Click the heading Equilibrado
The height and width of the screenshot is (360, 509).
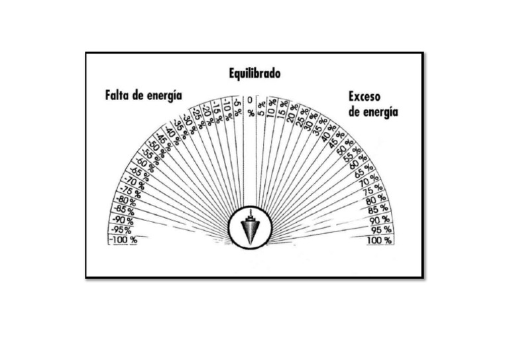[254, 74]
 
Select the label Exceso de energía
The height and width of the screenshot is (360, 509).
[373, 104]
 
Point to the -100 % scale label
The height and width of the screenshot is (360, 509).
[123, 240]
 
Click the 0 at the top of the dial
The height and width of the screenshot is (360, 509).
[250, 100]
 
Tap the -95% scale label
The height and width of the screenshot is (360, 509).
[119, 230]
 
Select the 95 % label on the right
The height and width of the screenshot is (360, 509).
[381, 229]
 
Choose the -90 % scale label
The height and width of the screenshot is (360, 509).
[122, 219]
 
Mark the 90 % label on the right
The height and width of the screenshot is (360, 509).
[379, 219]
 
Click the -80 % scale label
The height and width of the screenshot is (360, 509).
[126, 200]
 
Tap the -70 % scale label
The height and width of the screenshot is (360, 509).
[134, 180]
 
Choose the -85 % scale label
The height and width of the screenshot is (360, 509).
[124, 210]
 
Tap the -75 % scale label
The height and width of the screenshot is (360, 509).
[130, 190]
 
